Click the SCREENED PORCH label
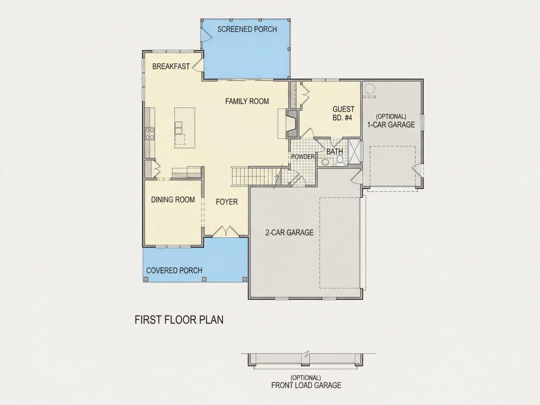click(x=247, y=29)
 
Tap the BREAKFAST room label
click(x=171, y=66)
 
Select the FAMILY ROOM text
click(x=247, y=101)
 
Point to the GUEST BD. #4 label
click(x=343, y=113)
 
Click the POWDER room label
click(x=303, y=157)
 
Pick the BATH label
click(x=334, y=152)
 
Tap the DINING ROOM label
click(x=173, y=200)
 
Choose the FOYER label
click(x=227, y=202)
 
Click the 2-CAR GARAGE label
click(x=289, y=233)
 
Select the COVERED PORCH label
click(x=174, y=270)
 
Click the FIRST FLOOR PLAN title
click(x=179, y=320)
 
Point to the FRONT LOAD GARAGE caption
click(x=306, y=385)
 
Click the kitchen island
click(x=185, y=128)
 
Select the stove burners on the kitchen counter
click(x=150, y=133)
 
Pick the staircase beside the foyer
click(x=257, y=176)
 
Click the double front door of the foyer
click(x=226, y=231)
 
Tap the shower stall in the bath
click(x=354, y=152)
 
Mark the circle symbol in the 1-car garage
click(x=369, y=88)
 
